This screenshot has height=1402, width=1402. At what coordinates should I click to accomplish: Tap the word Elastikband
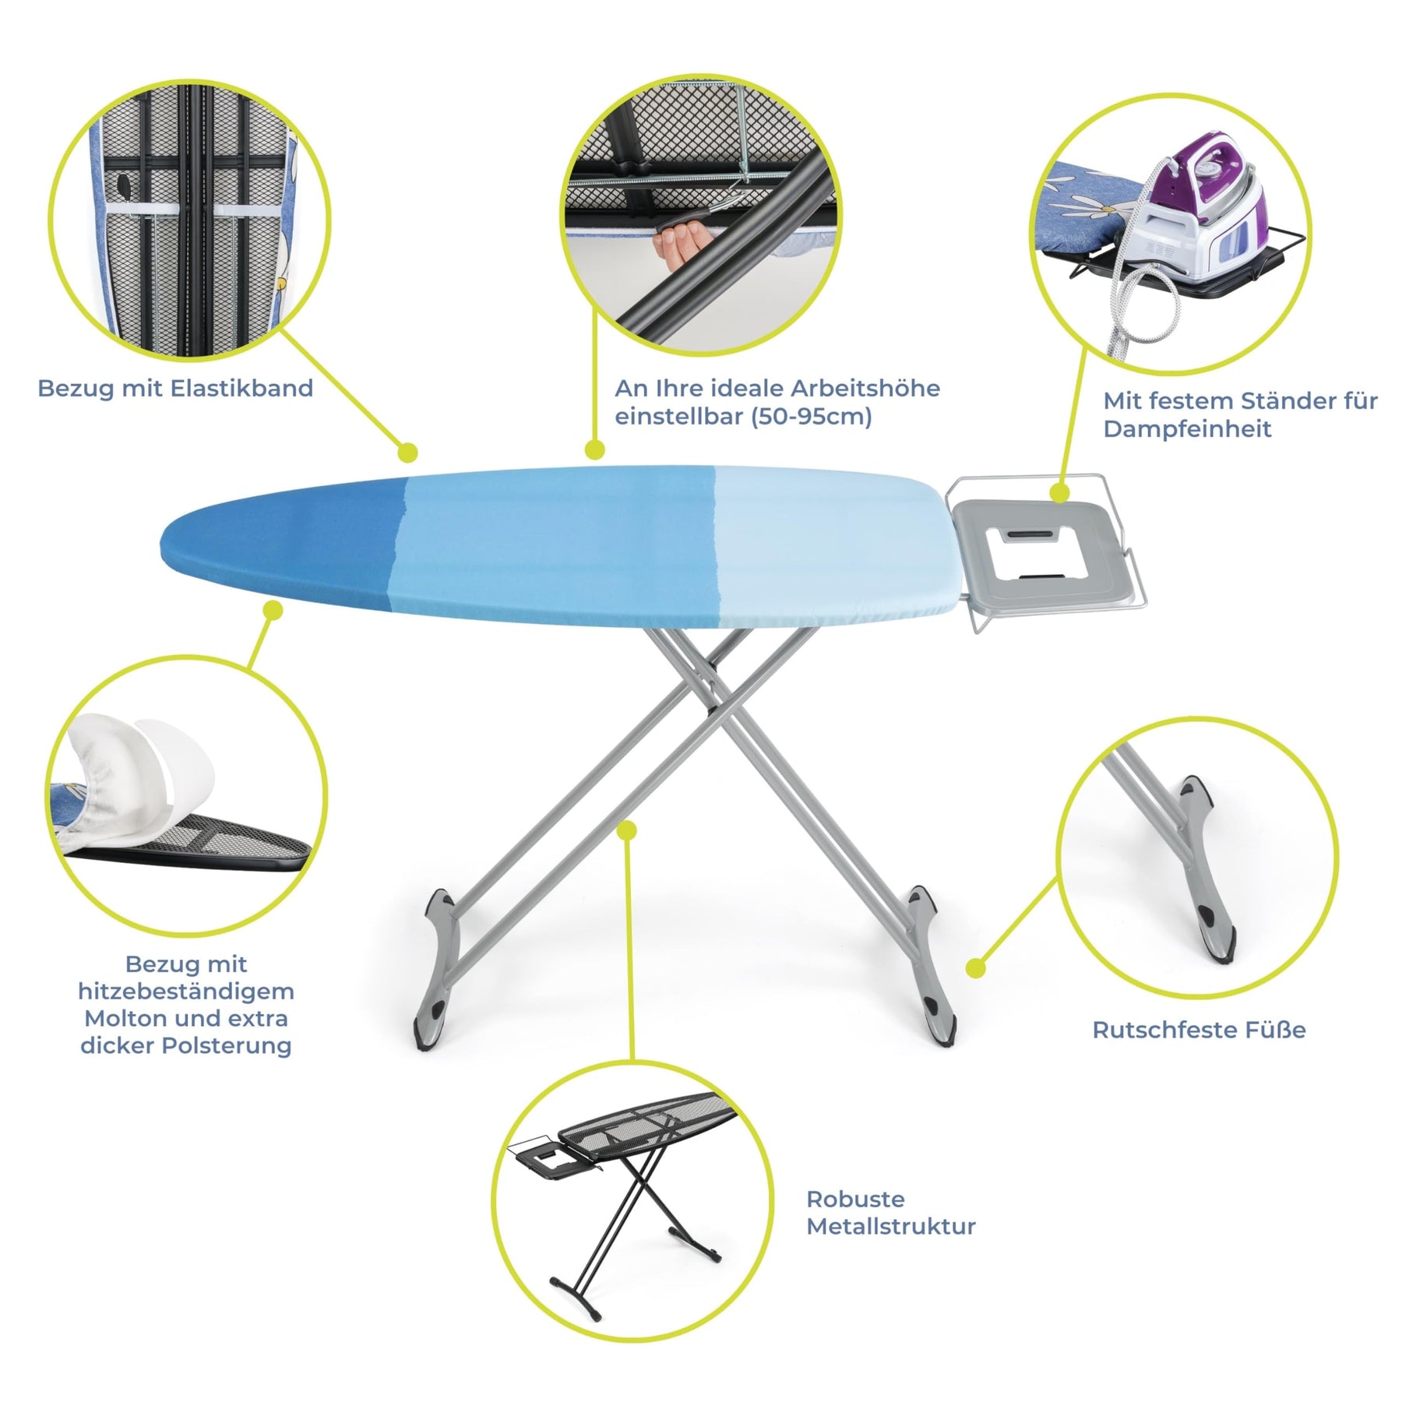[x=241, y=388]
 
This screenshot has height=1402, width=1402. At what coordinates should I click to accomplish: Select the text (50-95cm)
[x=811, y=417]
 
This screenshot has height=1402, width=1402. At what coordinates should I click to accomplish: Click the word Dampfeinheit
[x=1187, y=428]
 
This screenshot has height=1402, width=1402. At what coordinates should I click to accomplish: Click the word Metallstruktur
[x=890, y=1226]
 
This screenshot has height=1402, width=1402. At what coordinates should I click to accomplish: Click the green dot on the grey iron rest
[x=1059, y=492]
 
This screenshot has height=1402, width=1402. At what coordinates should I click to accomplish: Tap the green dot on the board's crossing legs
[x=627, y=831]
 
